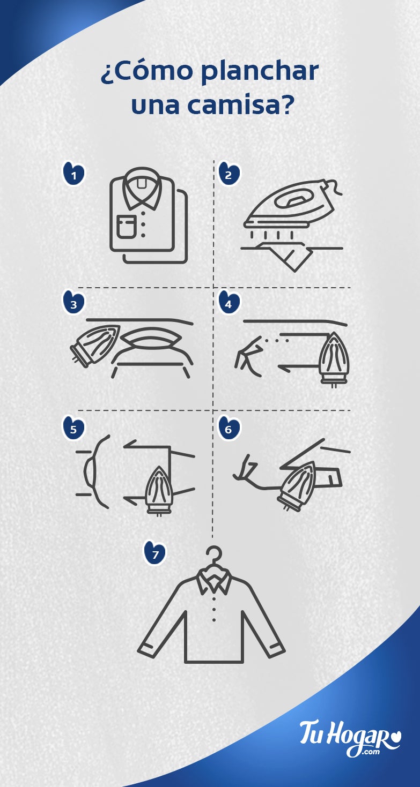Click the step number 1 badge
click(x=74, y=174)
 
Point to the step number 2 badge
click(x=229, y=174)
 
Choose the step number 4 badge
click(x=229, y=304)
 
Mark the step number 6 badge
click(x=229, y=429)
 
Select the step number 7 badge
click(x=155, y=554)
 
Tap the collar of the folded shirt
click(x=142, y=191)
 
